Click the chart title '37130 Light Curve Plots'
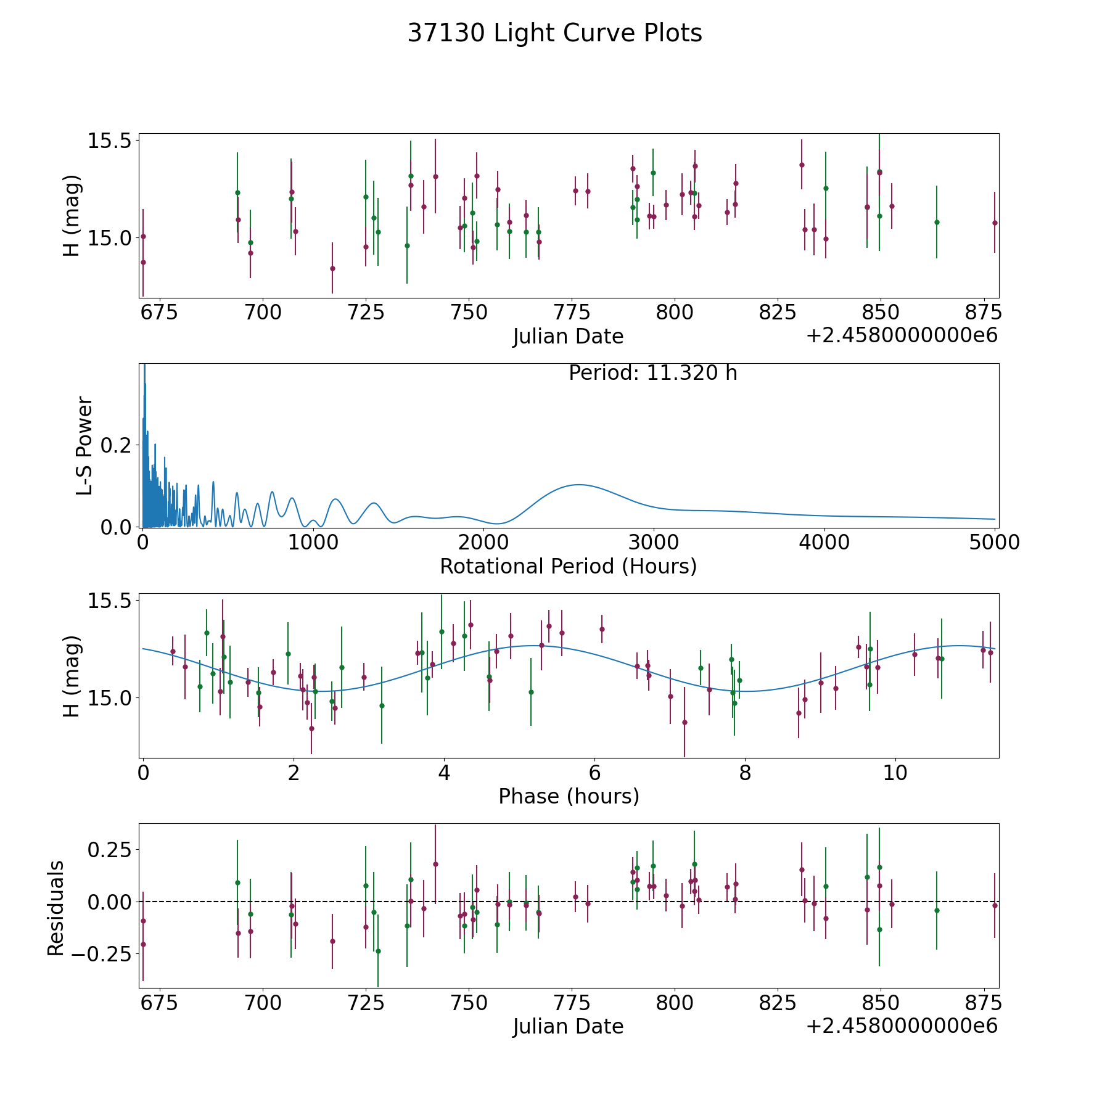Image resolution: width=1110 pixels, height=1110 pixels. [554, 33]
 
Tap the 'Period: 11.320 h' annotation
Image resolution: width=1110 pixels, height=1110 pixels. [652, 373]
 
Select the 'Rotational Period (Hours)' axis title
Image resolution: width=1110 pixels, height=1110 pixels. [568, 566]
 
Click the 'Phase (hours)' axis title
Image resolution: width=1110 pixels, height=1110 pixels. [569, 796]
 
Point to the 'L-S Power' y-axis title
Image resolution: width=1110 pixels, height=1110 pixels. [84, 446]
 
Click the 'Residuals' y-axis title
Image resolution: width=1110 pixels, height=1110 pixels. [56, 908]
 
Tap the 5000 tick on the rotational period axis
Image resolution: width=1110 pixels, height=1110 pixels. [995, 543]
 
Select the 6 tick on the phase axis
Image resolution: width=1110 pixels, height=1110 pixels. [594, 773]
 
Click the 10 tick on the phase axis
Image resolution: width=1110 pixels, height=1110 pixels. [895, 773]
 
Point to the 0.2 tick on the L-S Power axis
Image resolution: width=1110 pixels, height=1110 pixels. [117, 445]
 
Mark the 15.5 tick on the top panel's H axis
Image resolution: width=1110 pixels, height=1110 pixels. [110, 141]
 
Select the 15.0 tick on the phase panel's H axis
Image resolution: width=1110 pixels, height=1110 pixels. [110, 698]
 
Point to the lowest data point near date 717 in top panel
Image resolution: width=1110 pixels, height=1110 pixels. [332, 268]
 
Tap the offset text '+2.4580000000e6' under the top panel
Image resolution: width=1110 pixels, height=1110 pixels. [902, 336]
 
